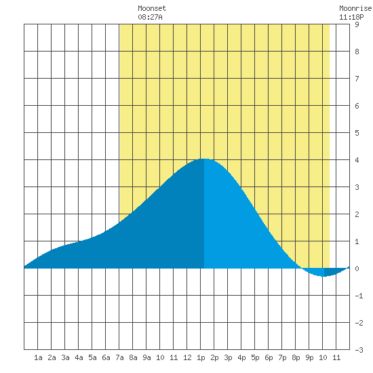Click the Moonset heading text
pos(152,8)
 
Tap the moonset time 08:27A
pos(150,17)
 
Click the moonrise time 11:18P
pos(351,17)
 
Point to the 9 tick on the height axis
pos(357,24)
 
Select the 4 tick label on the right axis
pos(357,160)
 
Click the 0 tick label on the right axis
pos(357,269)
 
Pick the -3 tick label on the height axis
pos(359,350)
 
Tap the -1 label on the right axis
pos(359,296)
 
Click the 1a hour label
pos(38,357)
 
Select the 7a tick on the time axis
pos(119,357)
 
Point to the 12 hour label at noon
pos(187,357)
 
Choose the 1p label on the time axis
pos(201,357)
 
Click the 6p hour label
pos(269,357)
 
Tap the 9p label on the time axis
pos(309,357)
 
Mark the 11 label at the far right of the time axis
pos(336,357)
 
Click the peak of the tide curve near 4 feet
pos(204,159)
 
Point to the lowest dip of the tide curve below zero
pos(323,276)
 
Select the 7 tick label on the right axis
pos(357,79)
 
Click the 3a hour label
pos(65,357)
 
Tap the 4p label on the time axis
pos(241,357)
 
